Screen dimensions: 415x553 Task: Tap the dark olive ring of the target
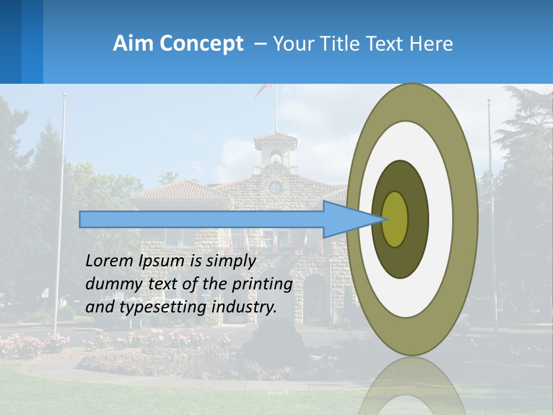click(x=418, y=219)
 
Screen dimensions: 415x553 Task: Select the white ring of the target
click(x=441, y=219)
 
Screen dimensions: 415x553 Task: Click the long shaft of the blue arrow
click(x=202, y=219)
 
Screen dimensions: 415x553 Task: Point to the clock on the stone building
click(x=276, y=187)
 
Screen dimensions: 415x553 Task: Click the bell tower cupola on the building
click(x=276, y=151)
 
